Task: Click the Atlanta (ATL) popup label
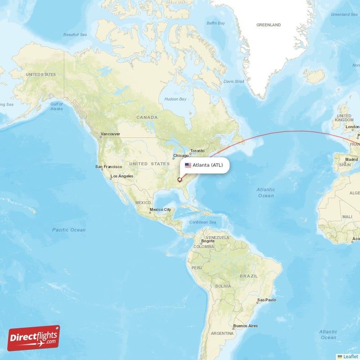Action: (207, 165)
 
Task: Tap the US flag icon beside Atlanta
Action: (188, 165)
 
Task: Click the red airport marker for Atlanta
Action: (180, 180)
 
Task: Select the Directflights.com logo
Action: (34, 338)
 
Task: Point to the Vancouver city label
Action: (110, 134)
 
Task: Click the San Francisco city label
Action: (108, 166)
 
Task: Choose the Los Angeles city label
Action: (122, 176)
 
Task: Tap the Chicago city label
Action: (180, 156)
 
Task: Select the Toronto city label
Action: (197, 151)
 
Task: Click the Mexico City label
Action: (160, 210)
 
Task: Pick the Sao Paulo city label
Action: (266, 300)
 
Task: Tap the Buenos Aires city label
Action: (245, 326)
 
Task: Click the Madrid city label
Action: (351, 159)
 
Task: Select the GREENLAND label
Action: (268, 25)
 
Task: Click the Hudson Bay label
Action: (175, 99)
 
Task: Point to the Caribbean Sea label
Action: (203, 222)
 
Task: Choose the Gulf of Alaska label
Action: (57, 106)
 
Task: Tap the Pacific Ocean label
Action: (68, 230)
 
